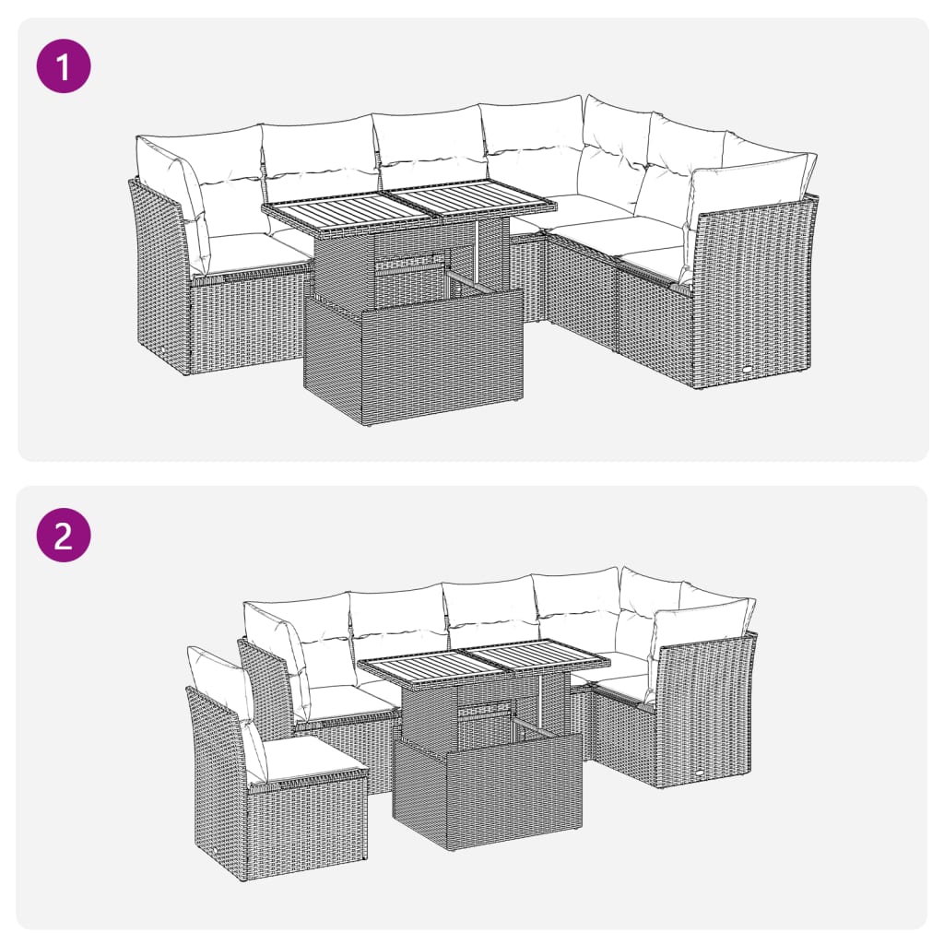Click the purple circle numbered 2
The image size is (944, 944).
(x=64, y=534)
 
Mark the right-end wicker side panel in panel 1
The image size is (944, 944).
(x=754, y=295)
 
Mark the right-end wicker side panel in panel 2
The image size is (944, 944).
(x=705, y=710)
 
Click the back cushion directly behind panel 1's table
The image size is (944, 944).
(x=429, y=147)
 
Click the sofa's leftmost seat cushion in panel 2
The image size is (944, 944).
(x=346, y=702)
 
